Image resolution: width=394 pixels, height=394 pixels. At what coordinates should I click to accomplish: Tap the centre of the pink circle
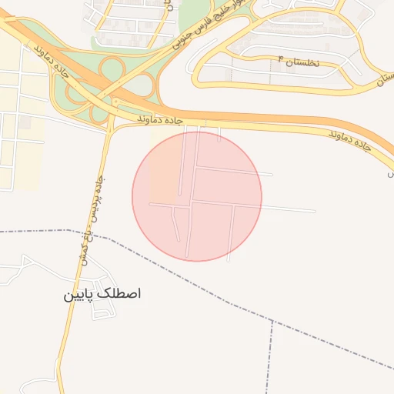pyautogui.click(x=197, y=196)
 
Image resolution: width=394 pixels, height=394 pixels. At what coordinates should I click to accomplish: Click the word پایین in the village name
pyautogui.click(x=80, y=295)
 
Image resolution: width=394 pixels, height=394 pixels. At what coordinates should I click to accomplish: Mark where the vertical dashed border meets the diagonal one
pyautogui.click(x=272, y=322)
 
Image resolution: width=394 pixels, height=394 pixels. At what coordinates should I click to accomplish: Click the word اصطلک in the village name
pyautogui.click(x=121, y=294)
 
